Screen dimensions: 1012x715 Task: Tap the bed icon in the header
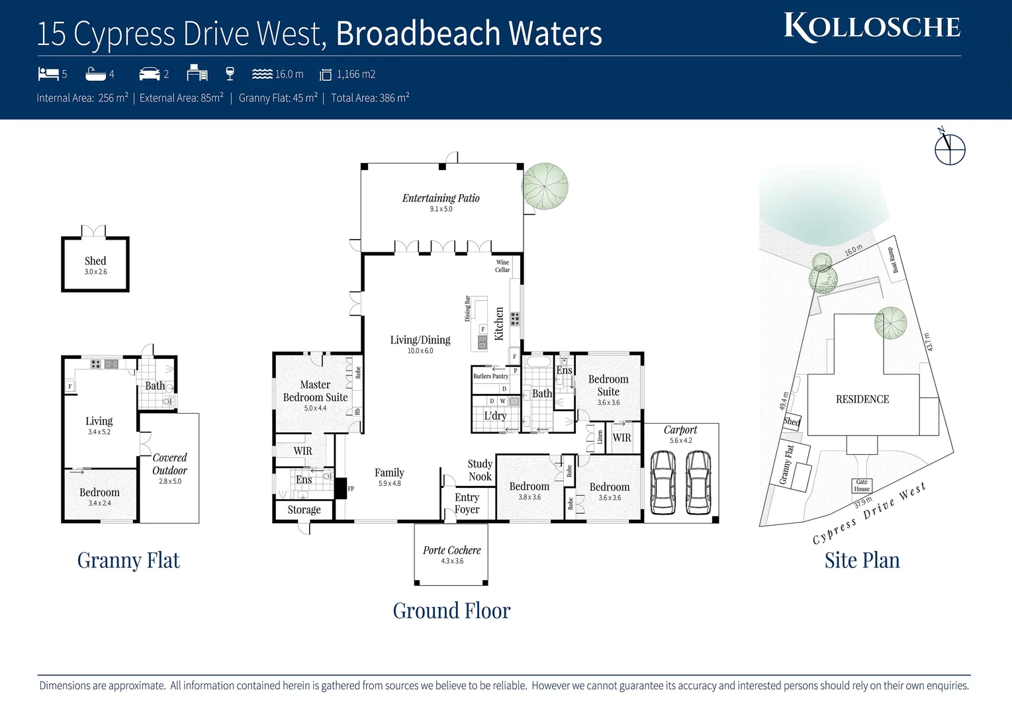click(x=48, y=73)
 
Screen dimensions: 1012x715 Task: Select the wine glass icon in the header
click(x=230, y=73)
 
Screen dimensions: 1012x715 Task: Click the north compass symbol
click(x=949, y=148)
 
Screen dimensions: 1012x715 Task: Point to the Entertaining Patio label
click(x=441, y=198)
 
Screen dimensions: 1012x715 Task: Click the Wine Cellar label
click(x=502, y=266)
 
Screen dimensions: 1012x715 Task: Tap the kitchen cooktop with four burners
click(x=514, y=318)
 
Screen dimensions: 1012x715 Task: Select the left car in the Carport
click(x=663, y=482)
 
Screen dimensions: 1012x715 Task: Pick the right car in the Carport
click(x=698, y=482)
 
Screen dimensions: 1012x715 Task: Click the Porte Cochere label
click(x=451, y=550)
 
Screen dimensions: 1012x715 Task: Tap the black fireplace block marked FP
click(x=341, y=488)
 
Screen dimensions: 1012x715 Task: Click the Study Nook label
click(x=480, y=470)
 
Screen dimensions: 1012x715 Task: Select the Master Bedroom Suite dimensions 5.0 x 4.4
click(x=315, y=408)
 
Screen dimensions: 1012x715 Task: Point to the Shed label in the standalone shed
click(x=95, y=261)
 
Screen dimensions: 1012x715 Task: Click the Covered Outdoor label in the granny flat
click(x=169, y=464)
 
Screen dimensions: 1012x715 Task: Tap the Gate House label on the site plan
click(x=861, y=485)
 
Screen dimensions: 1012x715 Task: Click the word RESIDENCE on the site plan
click(x=862, y=399)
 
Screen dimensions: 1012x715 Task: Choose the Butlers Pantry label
click(x=490, y=376)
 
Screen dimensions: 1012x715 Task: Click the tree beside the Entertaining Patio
click(x=545, y=186)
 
